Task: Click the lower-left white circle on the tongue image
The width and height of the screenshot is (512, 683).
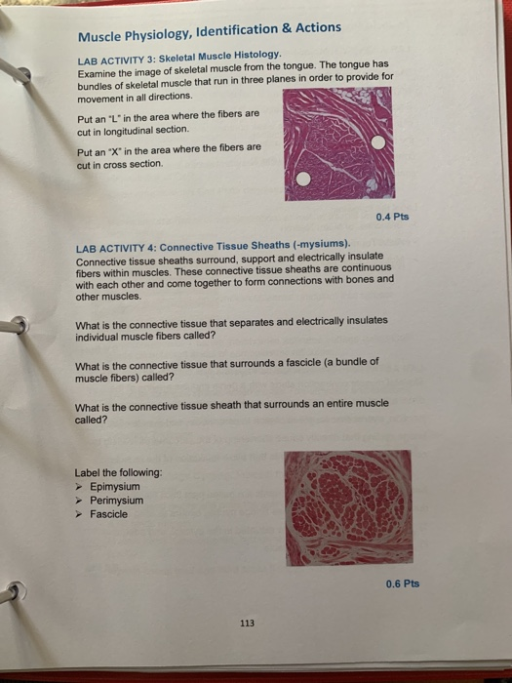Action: coord(303,180)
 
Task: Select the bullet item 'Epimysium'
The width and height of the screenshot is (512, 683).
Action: coord(115,486)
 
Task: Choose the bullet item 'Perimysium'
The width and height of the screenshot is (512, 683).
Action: coord(117,500)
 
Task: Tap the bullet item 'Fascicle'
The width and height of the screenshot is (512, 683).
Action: coord(109,514)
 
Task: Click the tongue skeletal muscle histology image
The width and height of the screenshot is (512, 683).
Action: coord(337,144)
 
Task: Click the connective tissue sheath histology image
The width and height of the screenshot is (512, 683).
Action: coord(348,507)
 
